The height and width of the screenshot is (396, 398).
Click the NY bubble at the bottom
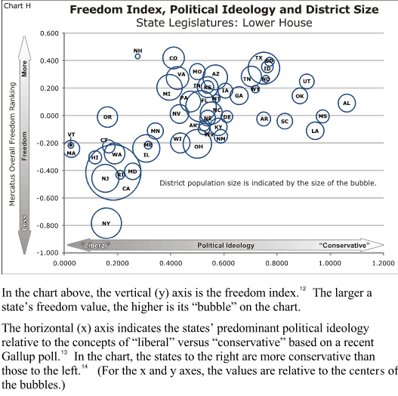point(106,222)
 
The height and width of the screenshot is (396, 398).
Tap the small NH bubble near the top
point(137,55)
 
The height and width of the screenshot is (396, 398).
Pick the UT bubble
point(306,81)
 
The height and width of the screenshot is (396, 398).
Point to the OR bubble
point(107,116)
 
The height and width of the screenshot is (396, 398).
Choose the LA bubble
point(315,131)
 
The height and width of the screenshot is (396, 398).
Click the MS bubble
point(322,116)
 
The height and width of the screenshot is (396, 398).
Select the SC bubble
point(285,121)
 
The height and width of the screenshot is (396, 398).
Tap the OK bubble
point(300,96)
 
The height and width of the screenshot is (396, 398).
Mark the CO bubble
point(174,57)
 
